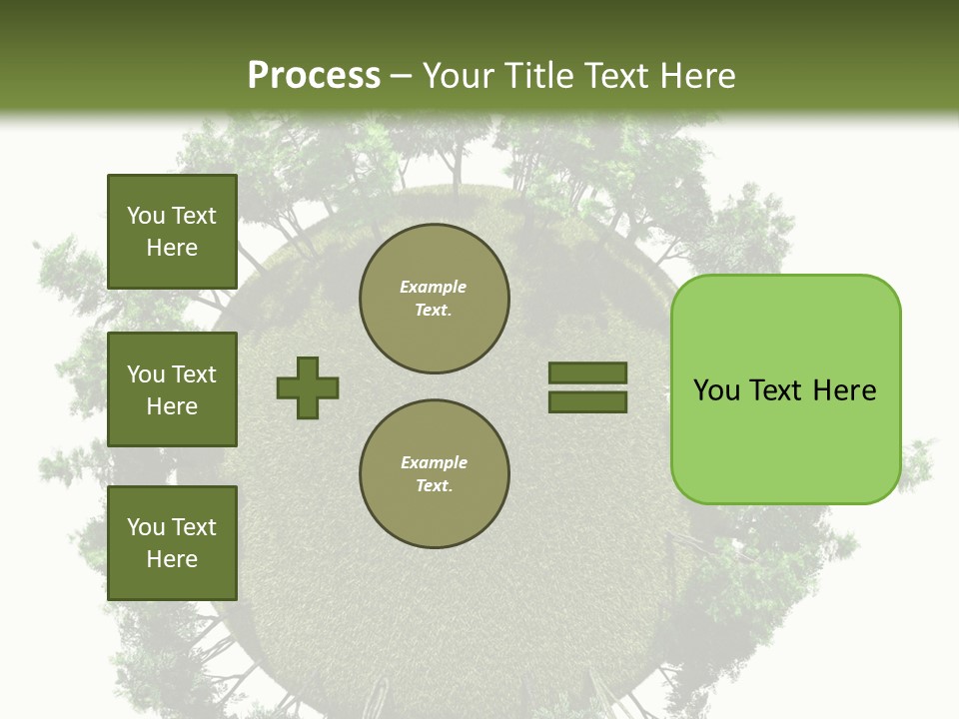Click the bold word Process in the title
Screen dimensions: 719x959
pyautogui.click(x=314, y=75)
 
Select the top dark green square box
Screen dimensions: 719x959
pyautogui.click(x=172, y=232)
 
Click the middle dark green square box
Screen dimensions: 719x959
pyautogui.click(x=172, y=389)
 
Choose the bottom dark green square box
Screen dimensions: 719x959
pyautogui.click(x=172, y=542)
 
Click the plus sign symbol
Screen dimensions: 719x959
pyautogui.click(x=308, y=387)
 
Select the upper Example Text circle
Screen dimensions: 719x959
pyautogui.click(x=435, y=299)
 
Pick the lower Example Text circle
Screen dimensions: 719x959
pyautogui.click(x=435, y=474)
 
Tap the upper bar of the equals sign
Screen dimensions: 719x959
pyautogui.click(x=587, y=372)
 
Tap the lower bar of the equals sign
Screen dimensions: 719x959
pyautogui.click(x=587, y=401)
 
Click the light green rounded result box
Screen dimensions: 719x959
pyautogui.click(x=785, y=439)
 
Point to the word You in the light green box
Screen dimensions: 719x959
pyautogui.click(x=716, y=389)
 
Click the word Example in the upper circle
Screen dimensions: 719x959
pyautogui.click(x=434, y=287)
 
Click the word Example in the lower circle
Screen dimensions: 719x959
pyautogui.click(x=434, y=462)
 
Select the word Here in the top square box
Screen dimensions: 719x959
pyautogui.click(x=172, y=248)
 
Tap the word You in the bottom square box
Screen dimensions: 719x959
pyautogui.click(x=146, y=527)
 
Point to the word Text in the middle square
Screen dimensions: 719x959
pyautogui.click(x=194, y=374)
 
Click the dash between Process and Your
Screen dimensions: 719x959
pyautogui.click(x=401, y=76)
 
